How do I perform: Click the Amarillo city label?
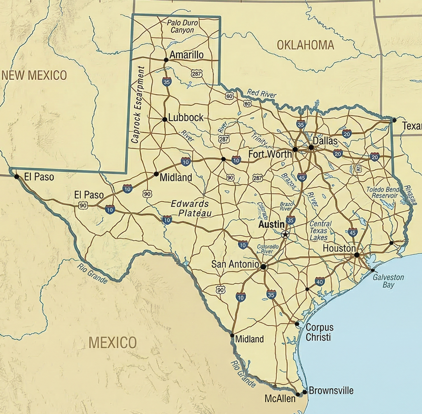pyautogui.click(x=186, y=55)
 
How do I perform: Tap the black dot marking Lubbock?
pyautogui.click(x=165, y=120)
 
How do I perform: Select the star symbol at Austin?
pyautogui.click(x=285, y=235)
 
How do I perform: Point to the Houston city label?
pyautogui.click(x=339, y=248)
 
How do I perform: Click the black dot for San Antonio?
pyautogui.click(x=263, y=267)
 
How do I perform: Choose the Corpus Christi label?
pyautogui.click(x=319, y=332)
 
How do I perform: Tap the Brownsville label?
pyautogui.click(x=331, y=391)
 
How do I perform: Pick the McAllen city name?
pyautogui.click(x=280, y=399)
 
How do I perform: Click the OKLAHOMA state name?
pyautogui.click(x=305, y=45)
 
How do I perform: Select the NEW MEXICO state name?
pyautogui.click(x=34, y=76)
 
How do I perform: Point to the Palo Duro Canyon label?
pyautogui.click(x=182, y=26)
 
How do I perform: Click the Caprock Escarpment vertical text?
pyautogui.click(x=138, y=104)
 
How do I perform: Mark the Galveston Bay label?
pyautogui.click(x=388, y=281)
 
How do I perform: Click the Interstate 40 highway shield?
pyautogui.click(x=320, y=282)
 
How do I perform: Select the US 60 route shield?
pyautogui.click(x=230, y=96)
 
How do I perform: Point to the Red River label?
pyautogui.click(x=261, y=93)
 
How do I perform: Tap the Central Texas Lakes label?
pyautogui.click(x=320, y=231)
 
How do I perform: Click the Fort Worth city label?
pyautogui.click(x=270, y=154)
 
